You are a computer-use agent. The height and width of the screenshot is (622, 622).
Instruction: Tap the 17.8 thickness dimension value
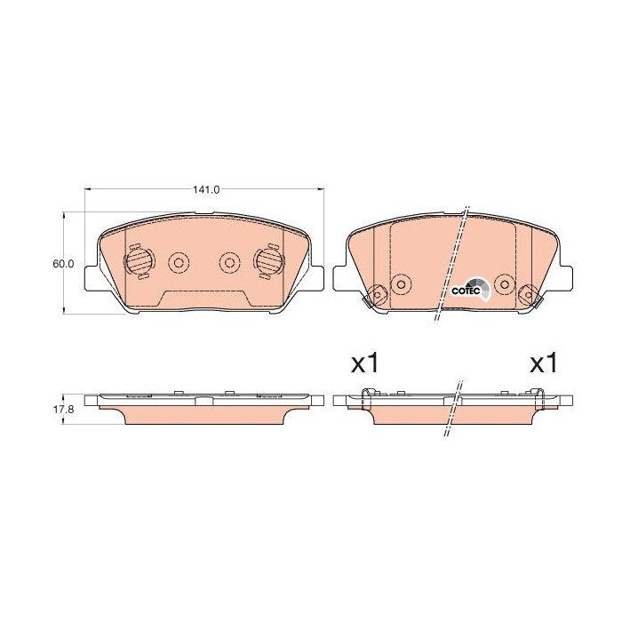61,411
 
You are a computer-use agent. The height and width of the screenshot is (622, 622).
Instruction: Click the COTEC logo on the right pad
468,289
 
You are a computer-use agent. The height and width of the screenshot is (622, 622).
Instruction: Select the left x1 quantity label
365,363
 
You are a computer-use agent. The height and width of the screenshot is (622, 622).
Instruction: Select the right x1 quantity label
543,363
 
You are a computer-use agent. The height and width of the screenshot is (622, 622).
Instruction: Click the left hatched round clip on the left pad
138,260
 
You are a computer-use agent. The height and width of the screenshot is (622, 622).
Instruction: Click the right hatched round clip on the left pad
267,260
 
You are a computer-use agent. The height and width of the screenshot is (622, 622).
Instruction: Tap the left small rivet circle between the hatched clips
178,262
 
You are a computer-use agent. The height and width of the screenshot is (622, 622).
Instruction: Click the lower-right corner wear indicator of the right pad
530,294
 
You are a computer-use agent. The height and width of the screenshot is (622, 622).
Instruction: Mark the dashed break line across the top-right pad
451,267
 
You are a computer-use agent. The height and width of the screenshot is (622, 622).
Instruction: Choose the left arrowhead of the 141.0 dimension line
88,190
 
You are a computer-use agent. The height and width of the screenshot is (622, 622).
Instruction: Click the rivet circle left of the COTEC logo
401,284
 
